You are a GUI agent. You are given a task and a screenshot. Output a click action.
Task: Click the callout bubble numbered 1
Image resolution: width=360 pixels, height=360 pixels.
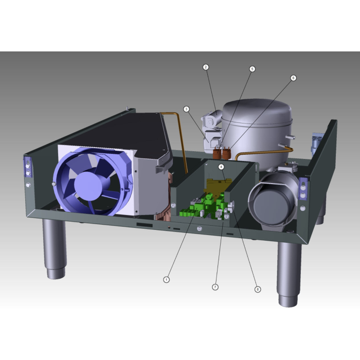click(x=166, y=279)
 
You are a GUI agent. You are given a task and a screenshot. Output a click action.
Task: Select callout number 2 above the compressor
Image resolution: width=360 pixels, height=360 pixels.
click(x=206, y=67)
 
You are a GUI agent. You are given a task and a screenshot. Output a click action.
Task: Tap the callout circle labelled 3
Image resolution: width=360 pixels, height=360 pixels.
click(x=186, y=109)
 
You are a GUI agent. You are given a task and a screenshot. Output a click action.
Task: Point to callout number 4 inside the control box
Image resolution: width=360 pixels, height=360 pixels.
click(x=221, y=167)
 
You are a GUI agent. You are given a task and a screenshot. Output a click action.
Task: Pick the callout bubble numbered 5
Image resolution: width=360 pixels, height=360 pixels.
click(x=252, y=69)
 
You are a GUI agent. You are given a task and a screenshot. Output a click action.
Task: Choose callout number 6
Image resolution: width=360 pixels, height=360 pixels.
click(x=293, y=78)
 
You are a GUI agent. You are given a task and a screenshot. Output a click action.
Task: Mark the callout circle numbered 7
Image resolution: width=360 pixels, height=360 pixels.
click(x=215, y=287)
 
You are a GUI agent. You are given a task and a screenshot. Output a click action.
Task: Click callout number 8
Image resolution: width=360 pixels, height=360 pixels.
click(x=258, y=289)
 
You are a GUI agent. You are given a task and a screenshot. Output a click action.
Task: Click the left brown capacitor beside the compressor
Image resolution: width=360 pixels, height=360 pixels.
click(x=217, y=152)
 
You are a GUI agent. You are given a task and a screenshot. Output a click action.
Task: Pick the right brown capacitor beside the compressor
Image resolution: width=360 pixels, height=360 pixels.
click(x=225, y=153)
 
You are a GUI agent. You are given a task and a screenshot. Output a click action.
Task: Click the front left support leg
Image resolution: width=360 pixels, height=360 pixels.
click(x=53, y=249)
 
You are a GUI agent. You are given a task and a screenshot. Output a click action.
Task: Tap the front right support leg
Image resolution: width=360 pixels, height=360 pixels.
click(x=289, y=273)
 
